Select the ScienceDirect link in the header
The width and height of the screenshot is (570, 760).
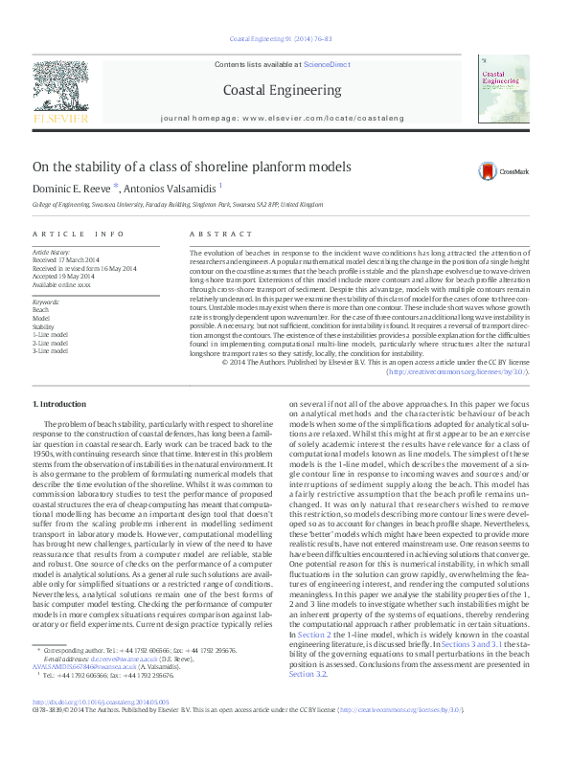point(325,63)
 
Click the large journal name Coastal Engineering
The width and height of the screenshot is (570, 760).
point(285,91)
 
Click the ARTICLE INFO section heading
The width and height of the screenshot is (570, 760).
point(78,234)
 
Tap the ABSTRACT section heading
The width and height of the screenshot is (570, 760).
point(215,234)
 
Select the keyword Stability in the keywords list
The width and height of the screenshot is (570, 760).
point(45,325)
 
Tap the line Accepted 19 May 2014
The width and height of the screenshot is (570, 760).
point(65,275)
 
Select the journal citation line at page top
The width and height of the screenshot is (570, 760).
point(285,39)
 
